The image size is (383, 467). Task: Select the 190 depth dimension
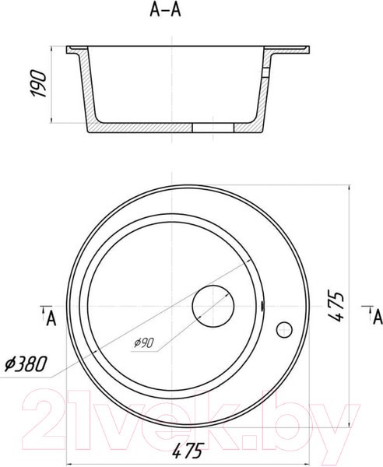click(39, 83)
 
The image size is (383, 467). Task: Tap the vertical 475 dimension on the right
click(336, 307)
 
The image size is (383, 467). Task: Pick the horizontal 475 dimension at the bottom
click(188, 451)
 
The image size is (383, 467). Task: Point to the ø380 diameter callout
click(26, 363)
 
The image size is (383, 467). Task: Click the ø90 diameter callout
click(143, 343)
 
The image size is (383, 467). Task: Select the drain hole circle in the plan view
click(213, 306)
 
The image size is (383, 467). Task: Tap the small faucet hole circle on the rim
click(284, 330)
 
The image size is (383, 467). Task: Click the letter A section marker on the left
click(51, 320)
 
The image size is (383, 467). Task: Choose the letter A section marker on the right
click(378, 318)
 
